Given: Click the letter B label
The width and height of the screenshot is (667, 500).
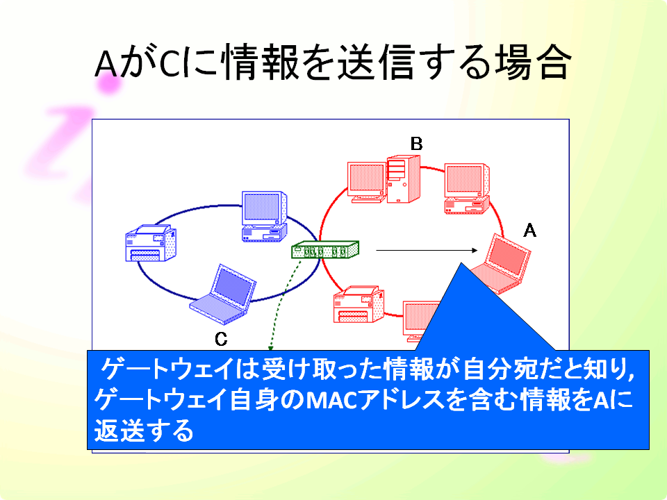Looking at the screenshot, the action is click(x=416, y=144).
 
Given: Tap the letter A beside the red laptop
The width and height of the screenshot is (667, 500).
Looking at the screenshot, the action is click(x=529, y=231).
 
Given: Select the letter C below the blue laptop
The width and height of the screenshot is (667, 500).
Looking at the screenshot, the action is click(x=221, y=339).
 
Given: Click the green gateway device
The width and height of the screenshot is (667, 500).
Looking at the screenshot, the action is click(x=325, y=249).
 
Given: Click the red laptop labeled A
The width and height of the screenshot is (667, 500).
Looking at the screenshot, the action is click(x=502, y=264).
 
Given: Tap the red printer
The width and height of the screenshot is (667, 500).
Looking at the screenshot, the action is click(x=359, y=304).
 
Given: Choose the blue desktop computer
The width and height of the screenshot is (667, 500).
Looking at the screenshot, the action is click(x=264, y=217).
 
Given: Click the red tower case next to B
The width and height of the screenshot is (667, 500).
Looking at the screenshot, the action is click(x=403, y=179).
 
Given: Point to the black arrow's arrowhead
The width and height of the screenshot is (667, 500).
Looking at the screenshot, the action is click(x=475, y=251).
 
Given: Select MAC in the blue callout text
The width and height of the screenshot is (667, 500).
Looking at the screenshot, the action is click(x=331, y=400).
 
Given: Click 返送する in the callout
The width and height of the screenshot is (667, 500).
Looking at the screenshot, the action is click(x=144, y=431).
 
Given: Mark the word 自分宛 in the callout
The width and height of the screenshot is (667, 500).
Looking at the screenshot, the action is click(x=495, y=369).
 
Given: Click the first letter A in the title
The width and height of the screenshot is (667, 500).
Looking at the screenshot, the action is click(x=106, y=64).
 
